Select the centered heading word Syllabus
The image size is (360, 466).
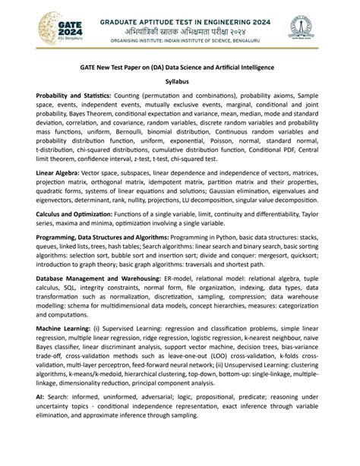click(x=179, y=80)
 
